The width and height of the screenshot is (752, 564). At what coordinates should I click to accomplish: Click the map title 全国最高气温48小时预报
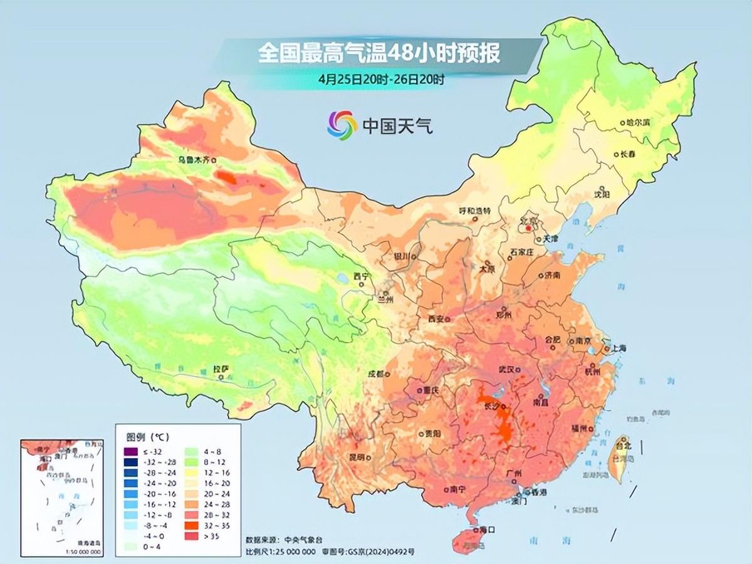pyautogui.click(x=379, y=53)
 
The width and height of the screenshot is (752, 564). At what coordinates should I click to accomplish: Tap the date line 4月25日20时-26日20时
pyautogui.click(x=381, y=80)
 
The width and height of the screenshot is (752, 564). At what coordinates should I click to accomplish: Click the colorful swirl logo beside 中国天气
pyautogui.click(x=342, y=125)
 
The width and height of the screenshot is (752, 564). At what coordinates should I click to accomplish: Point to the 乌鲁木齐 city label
pyautogui.click(x=194, y=160)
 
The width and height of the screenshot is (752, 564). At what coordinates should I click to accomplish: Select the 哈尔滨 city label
pyautogui.click(x=638, y=123)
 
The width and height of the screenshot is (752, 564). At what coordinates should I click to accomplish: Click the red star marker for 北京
pyautogui.click(x=528, y=229)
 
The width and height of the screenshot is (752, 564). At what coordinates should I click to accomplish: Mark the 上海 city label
pyautogui.click(x=618, y=348)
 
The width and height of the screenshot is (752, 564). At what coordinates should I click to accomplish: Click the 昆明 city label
pyautogui.click(x=355, y=457)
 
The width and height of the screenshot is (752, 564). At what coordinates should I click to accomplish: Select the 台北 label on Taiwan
pyautogui.click(x=624, y=446)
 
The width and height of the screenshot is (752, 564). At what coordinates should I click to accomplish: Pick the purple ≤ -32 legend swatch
pyautogui.click(x=130, y=452)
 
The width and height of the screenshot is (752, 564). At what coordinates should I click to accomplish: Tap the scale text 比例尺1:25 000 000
pyautogui.click(x=281, y=552)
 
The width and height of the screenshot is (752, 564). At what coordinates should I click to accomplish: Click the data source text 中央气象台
pyautogui.click(x=298, y=540)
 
